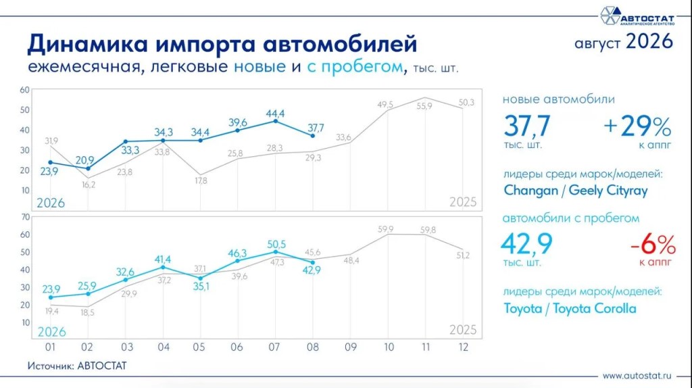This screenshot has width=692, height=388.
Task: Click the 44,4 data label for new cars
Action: (275, 114)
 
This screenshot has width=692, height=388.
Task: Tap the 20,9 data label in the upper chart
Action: (84, 160)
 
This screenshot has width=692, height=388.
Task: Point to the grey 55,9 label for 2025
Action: (424, 106)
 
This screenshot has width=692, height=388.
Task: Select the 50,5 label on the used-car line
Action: (276, 244)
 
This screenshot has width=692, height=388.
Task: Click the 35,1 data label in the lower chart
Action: (201, 287)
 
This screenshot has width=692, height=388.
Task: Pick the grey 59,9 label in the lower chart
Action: (385, 229)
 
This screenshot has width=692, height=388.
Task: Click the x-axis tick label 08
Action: (312, 347)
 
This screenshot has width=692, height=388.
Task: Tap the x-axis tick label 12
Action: (463, 347)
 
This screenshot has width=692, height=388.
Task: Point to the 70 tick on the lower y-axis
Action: (26, 217)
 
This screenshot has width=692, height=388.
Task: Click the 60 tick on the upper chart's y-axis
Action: (25, 90)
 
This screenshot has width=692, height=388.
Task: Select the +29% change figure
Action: (637, 126)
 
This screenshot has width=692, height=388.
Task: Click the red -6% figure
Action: (653, 245)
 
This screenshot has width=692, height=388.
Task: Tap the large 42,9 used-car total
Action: (526, 243)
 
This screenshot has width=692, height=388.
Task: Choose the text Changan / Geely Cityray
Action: (576, 191)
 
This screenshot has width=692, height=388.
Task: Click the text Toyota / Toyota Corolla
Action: (570, 308)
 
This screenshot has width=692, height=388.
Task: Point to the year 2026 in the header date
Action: (649, 41)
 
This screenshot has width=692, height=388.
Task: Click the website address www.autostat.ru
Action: (637, 376)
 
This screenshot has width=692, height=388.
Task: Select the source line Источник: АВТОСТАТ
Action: (77, 366)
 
